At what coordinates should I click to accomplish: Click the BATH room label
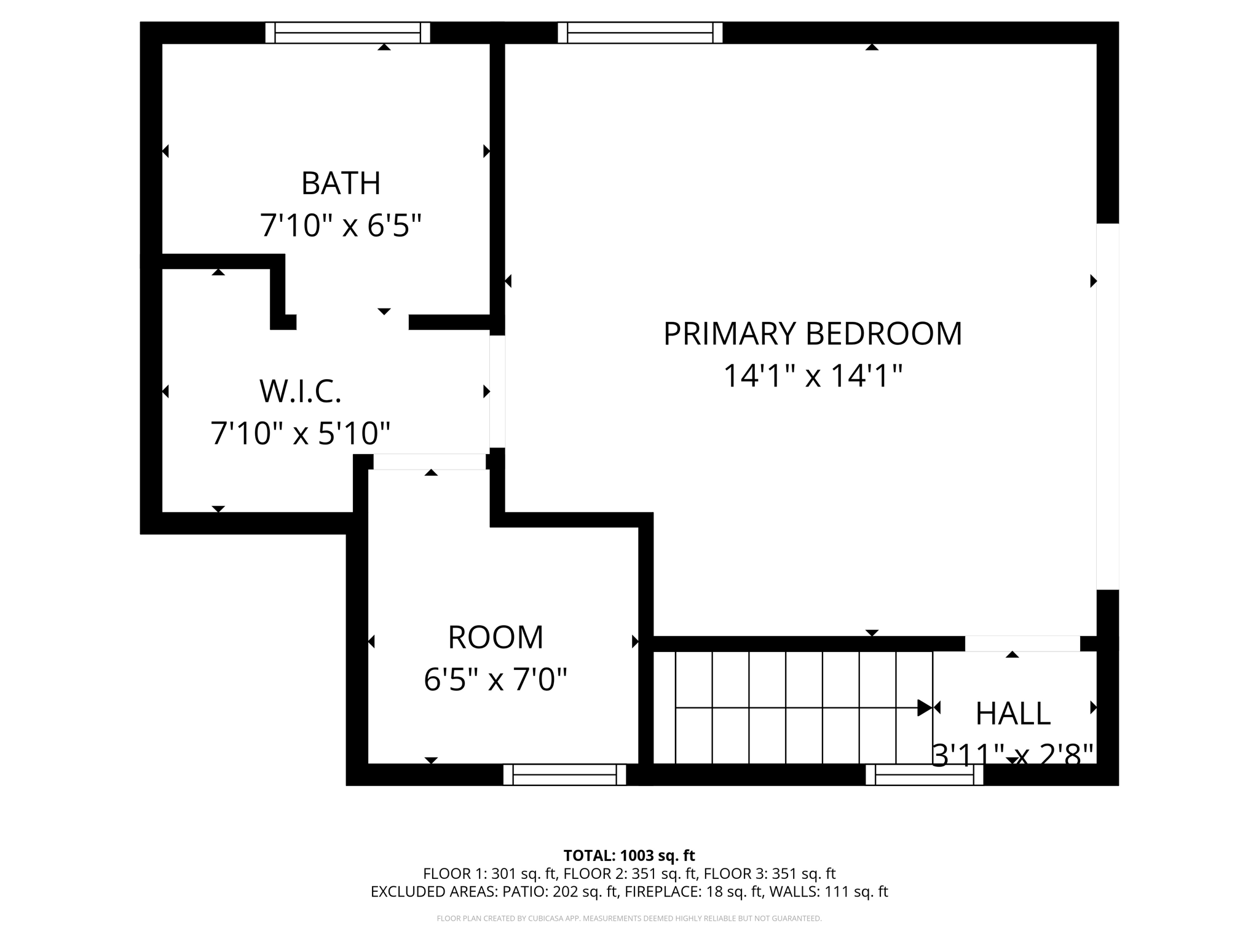click(341, 183)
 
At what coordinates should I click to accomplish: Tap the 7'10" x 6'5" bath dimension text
click(341, 226)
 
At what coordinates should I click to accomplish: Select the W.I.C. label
click(300, 391)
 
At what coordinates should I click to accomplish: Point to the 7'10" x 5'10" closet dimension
click(300, 433)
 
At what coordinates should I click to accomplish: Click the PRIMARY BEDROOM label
click(812, 334)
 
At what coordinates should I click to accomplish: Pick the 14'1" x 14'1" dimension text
click(812, 376)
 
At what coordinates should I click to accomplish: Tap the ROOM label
click(495, 637)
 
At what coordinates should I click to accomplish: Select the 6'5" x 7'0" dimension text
click(495, 680)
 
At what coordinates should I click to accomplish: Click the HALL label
click(1012, 714)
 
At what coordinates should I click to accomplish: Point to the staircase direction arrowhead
click(924, 708)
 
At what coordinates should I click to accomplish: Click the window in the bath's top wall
click(347, 33)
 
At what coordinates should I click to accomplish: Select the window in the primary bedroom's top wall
click(640, 33)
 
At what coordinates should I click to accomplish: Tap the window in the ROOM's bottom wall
click(564, 774)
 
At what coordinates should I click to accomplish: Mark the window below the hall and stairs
click(924, 774)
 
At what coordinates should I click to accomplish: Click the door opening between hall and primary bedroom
click(1022, 643)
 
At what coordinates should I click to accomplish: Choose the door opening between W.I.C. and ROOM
click(429, 462)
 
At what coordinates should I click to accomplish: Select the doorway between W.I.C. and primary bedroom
click(497, 391)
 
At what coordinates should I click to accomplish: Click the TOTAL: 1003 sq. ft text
click(629, 855)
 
